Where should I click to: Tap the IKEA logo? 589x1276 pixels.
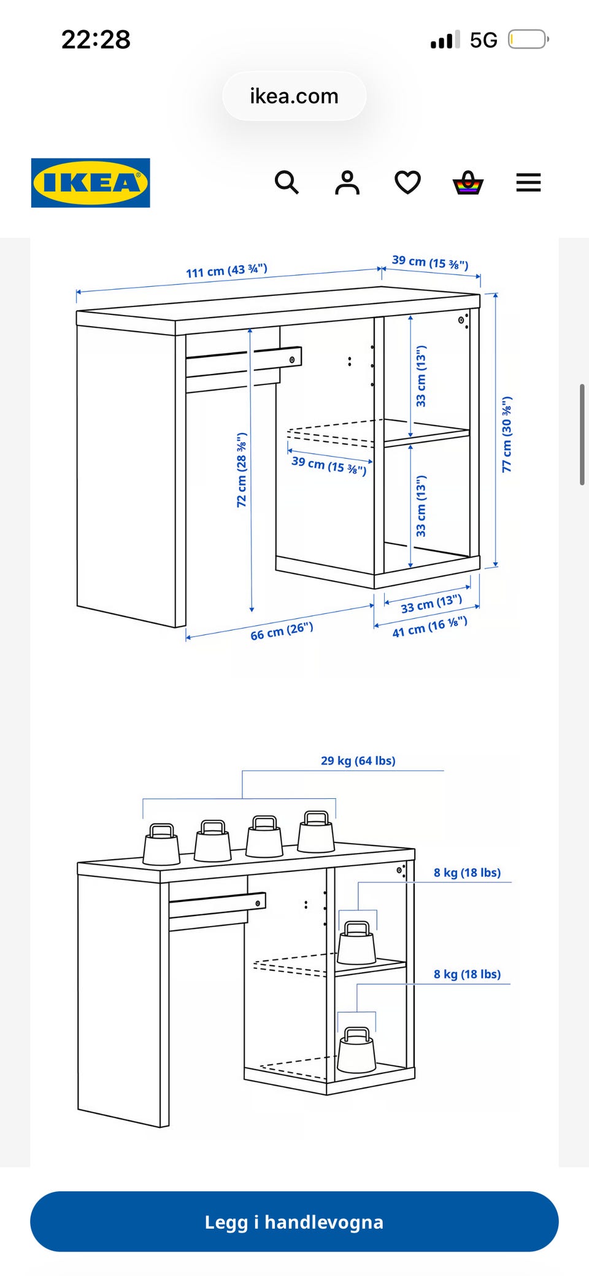[90, 183]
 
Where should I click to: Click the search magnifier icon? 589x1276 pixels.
[287, 182]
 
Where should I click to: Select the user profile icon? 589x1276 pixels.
[347, 182]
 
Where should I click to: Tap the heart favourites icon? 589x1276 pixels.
[407, 183]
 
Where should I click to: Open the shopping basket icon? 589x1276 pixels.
[468, 182]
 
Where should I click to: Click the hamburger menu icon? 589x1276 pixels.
[528, 182]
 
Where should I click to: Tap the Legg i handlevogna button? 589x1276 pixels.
[294, 1221]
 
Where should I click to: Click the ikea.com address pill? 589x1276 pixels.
[294, 96]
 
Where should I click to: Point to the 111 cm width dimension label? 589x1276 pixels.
[227, 271]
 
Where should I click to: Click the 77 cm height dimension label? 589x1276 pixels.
[507, 434]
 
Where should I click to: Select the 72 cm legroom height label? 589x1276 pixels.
[242, 470]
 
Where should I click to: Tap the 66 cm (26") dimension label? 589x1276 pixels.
[282, 631]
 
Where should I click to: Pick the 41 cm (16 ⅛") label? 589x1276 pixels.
[430, 626]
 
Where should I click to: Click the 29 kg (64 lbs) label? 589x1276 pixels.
[358, 760]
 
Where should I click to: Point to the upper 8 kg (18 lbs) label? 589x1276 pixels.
[467, 873]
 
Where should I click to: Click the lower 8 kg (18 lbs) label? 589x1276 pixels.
[467, 974]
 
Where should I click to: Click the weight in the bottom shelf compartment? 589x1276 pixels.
[356, 1050]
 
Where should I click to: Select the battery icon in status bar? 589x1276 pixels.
[528, 40]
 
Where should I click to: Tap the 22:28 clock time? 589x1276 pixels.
[96, 40]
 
